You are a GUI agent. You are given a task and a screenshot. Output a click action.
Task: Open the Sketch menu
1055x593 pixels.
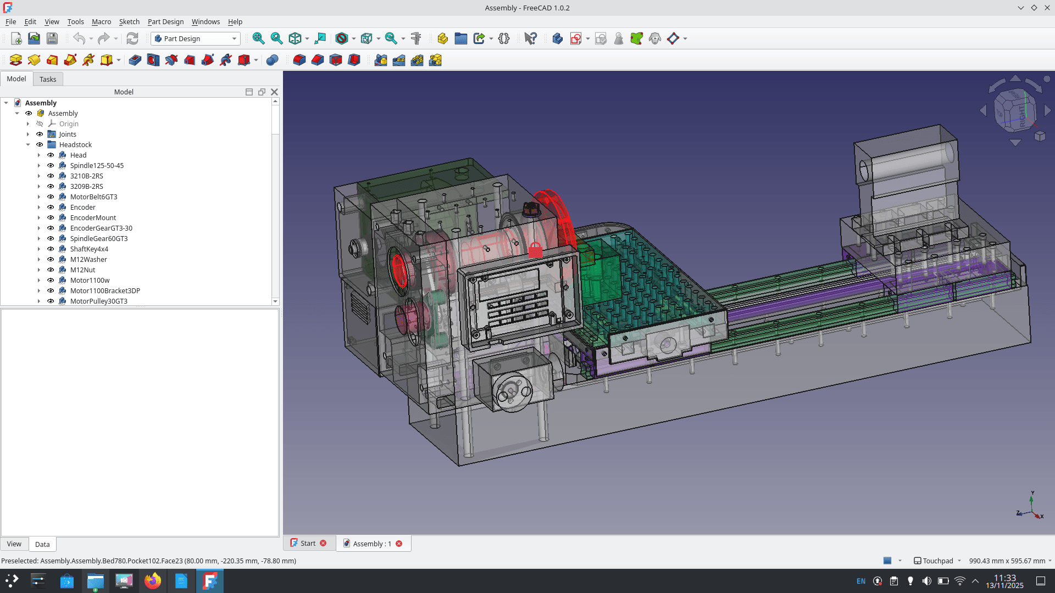pyautogui.click(x=129, y=21)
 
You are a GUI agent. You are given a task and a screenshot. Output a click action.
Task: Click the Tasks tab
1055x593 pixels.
pyautogui.click(x=48, y=79)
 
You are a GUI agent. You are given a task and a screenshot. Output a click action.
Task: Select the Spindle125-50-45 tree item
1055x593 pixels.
pyautogui.click(x=97, y=165)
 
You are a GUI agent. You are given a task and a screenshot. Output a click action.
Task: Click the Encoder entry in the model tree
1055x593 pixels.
pyautogui.click(x=82, y=207)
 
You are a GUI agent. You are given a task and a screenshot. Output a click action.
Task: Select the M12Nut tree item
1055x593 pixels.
pyautogui.click(x=82, y=270)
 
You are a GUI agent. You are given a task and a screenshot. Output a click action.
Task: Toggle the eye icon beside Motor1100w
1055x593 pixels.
pyautogui.click(x=51, y=280)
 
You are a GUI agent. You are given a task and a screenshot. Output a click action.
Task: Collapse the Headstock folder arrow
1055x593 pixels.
pyautogui.click(x=28, y=144)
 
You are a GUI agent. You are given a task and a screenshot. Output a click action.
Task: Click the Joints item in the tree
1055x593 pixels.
pyautogui.click(x=68, y=134)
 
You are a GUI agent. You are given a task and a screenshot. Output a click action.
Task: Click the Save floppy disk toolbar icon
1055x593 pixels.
pyautogui.click(x=52, y=38)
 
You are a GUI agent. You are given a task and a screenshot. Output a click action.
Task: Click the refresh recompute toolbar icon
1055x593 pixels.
pyautogui.click(x=132, y=38)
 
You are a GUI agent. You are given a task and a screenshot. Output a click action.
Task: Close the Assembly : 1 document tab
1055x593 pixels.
pyautogui.click(x=399, y=544)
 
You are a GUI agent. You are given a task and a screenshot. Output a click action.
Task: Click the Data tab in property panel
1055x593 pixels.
pyautogui.click(x=42, y=544)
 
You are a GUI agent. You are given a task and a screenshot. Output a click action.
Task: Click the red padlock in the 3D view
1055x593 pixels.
pyautogui.click(x=535, y=250)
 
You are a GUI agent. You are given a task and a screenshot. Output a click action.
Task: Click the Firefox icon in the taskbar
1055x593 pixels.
pyautogui.click(x=153, y=581)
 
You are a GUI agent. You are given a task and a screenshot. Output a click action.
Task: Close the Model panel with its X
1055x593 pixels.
pyautogui.click(x=274, y=92)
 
